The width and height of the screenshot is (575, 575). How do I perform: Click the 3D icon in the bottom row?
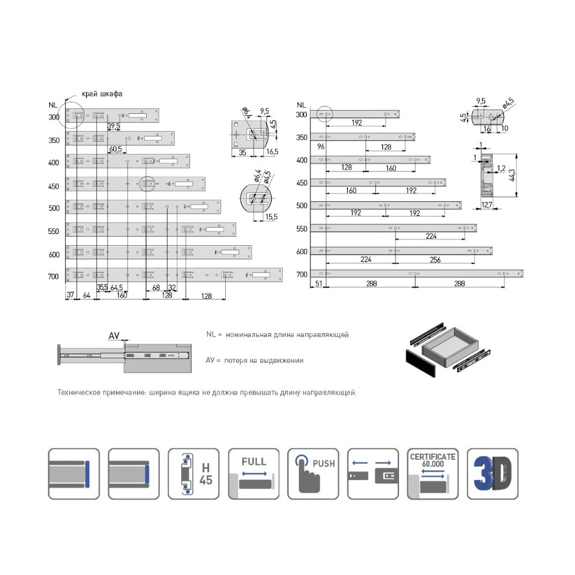click(x=493, y=474)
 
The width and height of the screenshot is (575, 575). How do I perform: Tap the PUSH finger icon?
click(x=313, y=474)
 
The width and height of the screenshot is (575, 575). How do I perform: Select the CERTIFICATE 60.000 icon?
click(x=433, y=474)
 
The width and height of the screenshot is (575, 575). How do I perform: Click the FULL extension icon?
click(x=253, y=474)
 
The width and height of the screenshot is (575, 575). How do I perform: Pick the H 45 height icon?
click(x=193, y=474)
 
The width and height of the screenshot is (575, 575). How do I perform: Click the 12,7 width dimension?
click(x=487, y=205)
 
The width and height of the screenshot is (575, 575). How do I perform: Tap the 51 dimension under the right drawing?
click(x=318, y=283)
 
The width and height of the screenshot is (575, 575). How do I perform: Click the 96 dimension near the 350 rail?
click(x=320, y=147)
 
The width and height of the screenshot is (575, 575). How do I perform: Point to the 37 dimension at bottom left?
click(x=71, y=296)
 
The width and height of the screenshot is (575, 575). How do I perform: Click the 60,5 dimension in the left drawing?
click(x=116, y=149)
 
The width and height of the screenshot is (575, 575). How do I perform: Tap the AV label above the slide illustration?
click(x=114, y=335)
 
